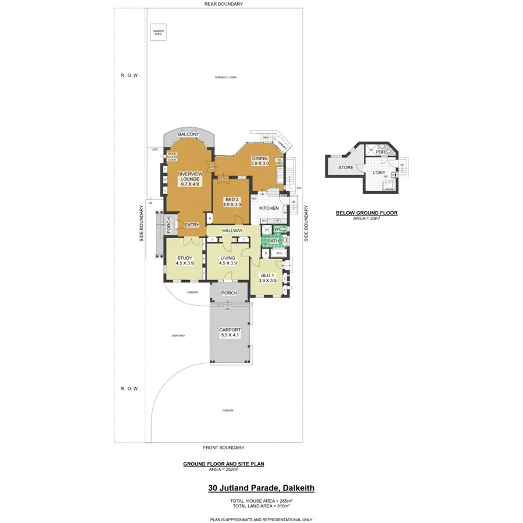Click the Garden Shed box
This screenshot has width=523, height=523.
[x=158, y=33]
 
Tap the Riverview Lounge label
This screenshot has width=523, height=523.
[x=188, y=176]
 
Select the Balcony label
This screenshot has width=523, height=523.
[x=189, y=134]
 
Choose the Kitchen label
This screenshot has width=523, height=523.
[x=269, y=208]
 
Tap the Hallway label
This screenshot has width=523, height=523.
[x=232, y=231]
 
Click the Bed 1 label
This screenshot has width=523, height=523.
[x=267, y=275]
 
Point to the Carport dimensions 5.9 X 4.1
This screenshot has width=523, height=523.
[x=230, y=335]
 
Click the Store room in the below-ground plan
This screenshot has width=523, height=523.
[x=346, y=168]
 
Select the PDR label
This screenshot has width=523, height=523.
[x=381, y=152]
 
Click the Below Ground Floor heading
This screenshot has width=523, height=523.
[x=367, y=213]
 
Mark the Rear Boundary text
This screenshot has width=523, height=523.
[x=224, y=4]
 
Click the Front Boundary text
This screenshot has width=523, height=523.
[x=224, y=447]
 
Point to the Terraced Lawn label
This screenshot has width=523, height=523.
[x=225, y=77]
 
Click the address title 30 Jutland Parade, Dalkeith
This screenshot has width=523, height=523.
[x=261, y=489]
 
